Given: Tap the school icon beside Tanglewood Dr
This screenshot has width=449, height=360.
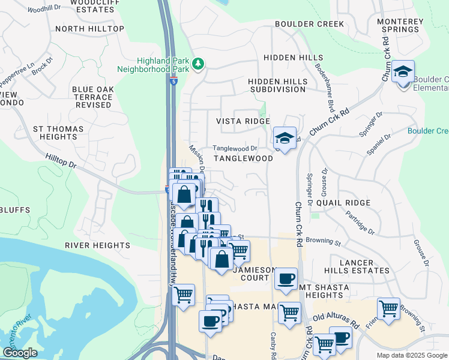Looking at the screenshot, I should pos(285,137).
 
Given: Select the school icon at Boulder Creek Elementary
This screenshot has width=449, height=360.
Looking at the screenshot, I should pos(403,72).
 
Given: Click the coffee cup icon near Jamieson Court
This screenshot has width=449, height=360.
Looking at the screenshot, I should pos(286,278).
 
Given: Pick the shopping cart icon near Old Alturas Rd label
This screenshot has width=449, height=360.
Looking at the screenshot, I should pos(388,308).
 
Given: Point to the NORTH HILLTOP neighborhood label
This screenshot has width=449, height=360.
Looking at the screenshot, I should pos(89,29).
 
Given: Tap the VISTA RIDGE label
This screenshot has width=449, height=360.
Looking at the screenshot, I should pos(243,121).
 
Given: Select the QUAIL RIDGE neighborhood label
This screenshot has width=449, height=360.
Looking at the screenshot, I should pos(343,203).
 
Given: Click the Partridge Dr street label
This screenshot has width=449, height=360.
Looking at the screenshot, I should pos(360,223).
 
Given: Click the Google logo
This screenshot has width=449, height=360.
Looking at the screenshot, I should pos(20,353).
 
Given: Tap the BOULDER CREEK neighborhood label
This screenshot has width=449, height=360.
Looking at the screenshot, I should pos(309,24).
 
